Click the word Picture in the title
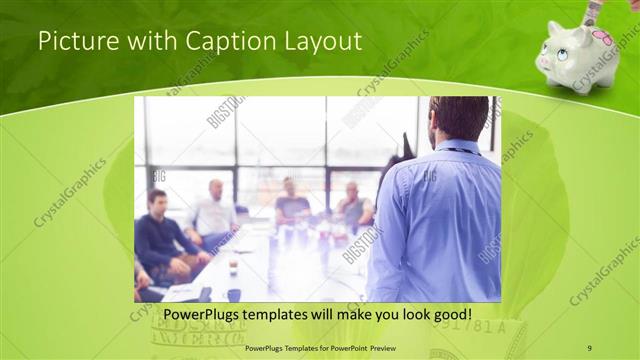pos(69,42)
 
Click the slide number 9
pos(589,347)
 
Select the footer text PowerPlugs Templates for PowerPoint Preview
pos(320,347)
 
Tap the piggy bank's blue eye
pos(562,54)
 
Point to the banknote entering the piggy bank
pos(592,11)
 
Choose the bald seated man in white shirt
pos(213,212)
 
